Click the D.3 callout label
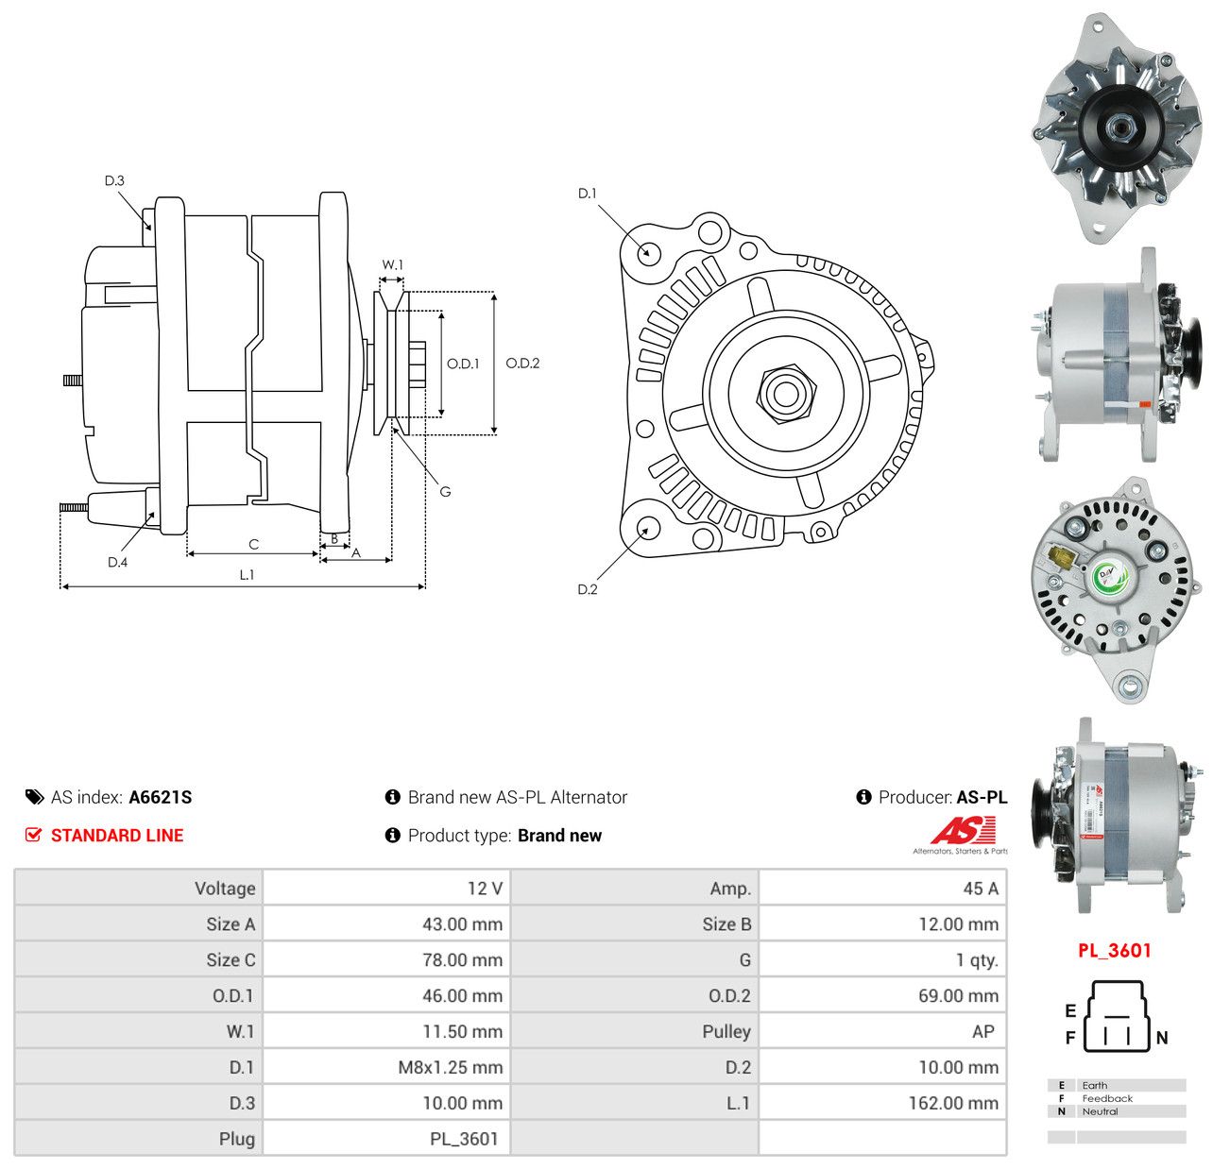pos(114,180)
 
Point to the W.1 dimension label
pos(392,264)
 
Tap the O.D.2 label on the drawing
pos(522,363)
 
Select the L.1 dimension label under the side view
pos(247,574)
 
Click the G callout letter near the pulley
pos(445,492)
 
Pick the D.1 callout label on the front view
pos(588,194)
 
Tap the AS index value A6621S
pos(161,797)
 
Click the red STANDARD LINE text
pos(117,835)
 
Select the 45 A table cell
pos(981,888)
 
